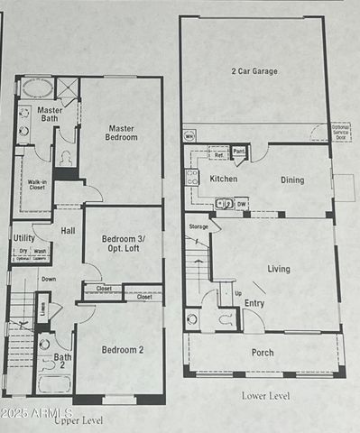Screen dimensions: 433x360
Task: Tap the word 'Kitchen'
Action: point(224,180)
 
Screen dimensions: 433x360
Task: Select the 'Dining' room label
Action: point(291,180)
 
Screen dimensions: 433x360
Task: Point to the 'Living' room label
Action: point(279,269)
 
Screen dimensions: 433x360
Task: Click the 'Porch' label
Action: point(263,353)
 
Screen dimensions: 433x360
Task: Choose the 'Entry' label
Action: point(254,303)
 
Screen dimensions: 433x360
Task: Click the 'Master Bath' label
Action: point(49,115)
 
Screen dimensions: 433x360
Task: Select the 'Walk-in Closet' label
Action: point(37,187)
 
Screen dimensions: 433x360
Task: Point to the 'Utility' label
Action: point(24,238)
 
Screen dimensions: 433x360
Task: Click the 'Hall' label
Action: point(69,232)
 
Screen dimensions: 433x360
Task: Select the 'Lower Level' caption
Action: point(266,395)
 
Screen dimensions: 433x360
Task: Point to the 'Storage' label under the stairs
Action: point(198,226)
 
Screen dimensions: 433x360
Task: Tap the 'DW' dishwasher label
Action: point(241,204)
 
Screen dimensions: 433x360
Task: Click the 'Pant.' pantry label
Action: point(238,152)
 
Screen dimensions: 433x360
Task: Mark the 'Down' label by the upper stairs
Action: point(48,279)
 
